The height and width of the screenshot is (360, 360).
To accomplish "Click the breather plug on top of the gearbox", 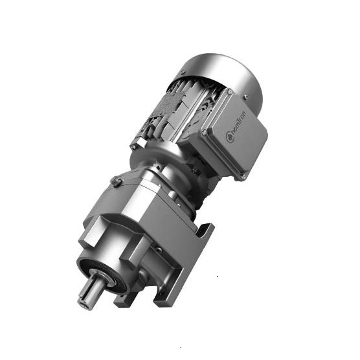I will [x=115, y=182].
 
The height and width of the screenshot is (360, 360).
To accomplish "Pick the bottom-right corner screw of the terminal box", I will [x=243, y=175].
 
